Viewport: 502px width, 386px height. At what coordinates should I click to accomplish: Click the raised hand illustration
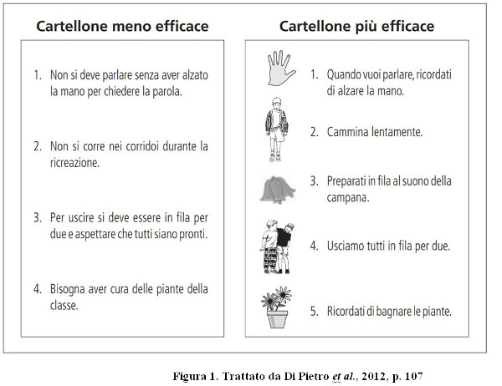[x=280, y=69]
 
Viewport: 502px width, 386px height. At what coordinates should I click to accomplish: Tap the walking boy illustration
[x=277, y=130]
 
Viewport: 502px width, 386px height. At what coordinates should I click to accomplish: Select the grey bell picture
[x=277, y=190]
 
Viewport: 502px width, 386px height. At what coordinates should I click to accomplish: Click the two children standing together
[x=277, y=246]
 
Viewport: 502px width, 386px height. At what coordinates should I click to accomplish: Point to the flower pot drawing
[x=277, y=307]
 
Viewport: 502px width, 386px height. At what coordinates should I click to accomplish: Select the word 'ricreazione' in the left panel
[x=74, y=163]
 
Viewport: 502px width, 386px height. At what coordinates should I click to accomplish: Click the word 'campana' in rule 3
[x=347, y=197]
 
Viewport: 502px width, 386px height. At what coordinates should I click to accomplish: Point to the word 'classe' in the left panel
[x=64, y=305]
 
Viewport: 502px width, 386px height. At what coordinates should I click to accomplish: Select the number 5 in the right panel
[x=314, y=311]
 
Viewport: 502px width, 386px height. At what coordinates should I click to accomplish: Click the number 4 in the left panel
[x=37, y=289]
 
